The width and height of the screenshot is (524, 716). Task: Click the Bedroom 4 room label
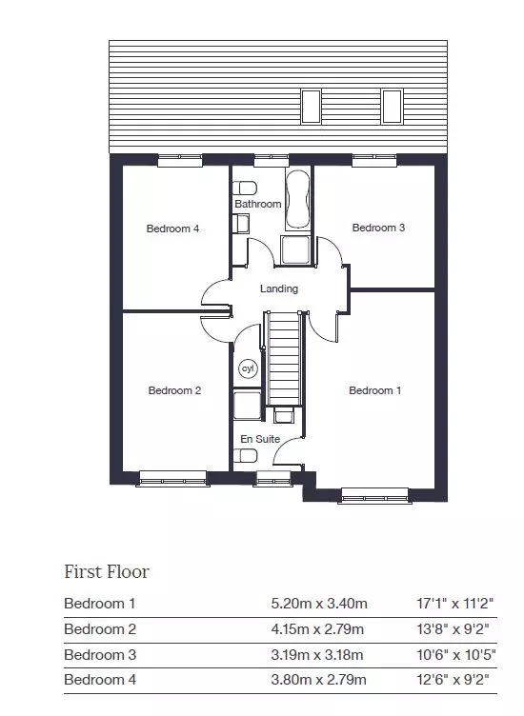(x=172, y=229)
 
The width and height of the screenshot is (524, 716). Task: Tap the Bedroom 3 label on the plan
(x=378, y=228)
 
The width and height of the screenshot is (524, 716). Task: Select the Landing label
(x=279, y=288)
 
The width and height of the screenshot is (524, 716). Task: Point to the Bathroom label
(x=257, y=204)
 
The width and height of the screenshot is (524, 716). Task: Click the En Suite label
(x=260, y=439)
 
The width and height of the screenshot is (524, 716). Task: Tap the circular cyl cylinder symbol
(x=248, y=368)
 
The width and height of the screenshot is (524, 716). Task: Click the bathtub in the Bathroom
(x=298, y=200)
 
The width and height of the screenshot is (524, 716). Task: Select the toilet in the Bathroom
(x=245, y=188)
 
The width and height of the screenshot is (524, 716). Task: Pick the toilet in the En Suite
(x=245, y=455)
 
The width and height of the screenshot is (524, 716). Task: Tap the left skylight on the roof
(x=311, y=107)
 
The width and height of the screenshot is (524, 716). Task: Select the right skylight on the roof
(x=392, y=107)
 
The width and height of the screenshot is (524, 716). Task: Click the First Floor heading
(x=107, y=571)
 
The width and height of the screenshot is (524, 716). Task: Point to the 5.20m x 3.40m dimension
(x=319, y=604)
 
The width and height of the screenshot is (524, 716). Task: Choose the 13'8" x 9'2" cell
(x=453, y=629)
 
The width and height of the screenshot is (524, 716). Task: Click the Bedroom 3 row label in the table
(x=100, y=655)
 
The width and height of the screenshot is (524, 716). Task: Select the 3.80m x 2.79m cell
(x=318, y=680)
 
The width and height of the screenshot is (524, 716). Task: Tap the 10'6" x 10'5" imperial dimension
(x=456, y=655)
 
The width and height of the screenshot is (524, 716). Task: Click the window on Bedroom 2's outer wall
(x=172, y=479)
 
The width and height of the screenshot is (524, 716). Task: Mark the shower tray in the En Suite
(x=247, y=405)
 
